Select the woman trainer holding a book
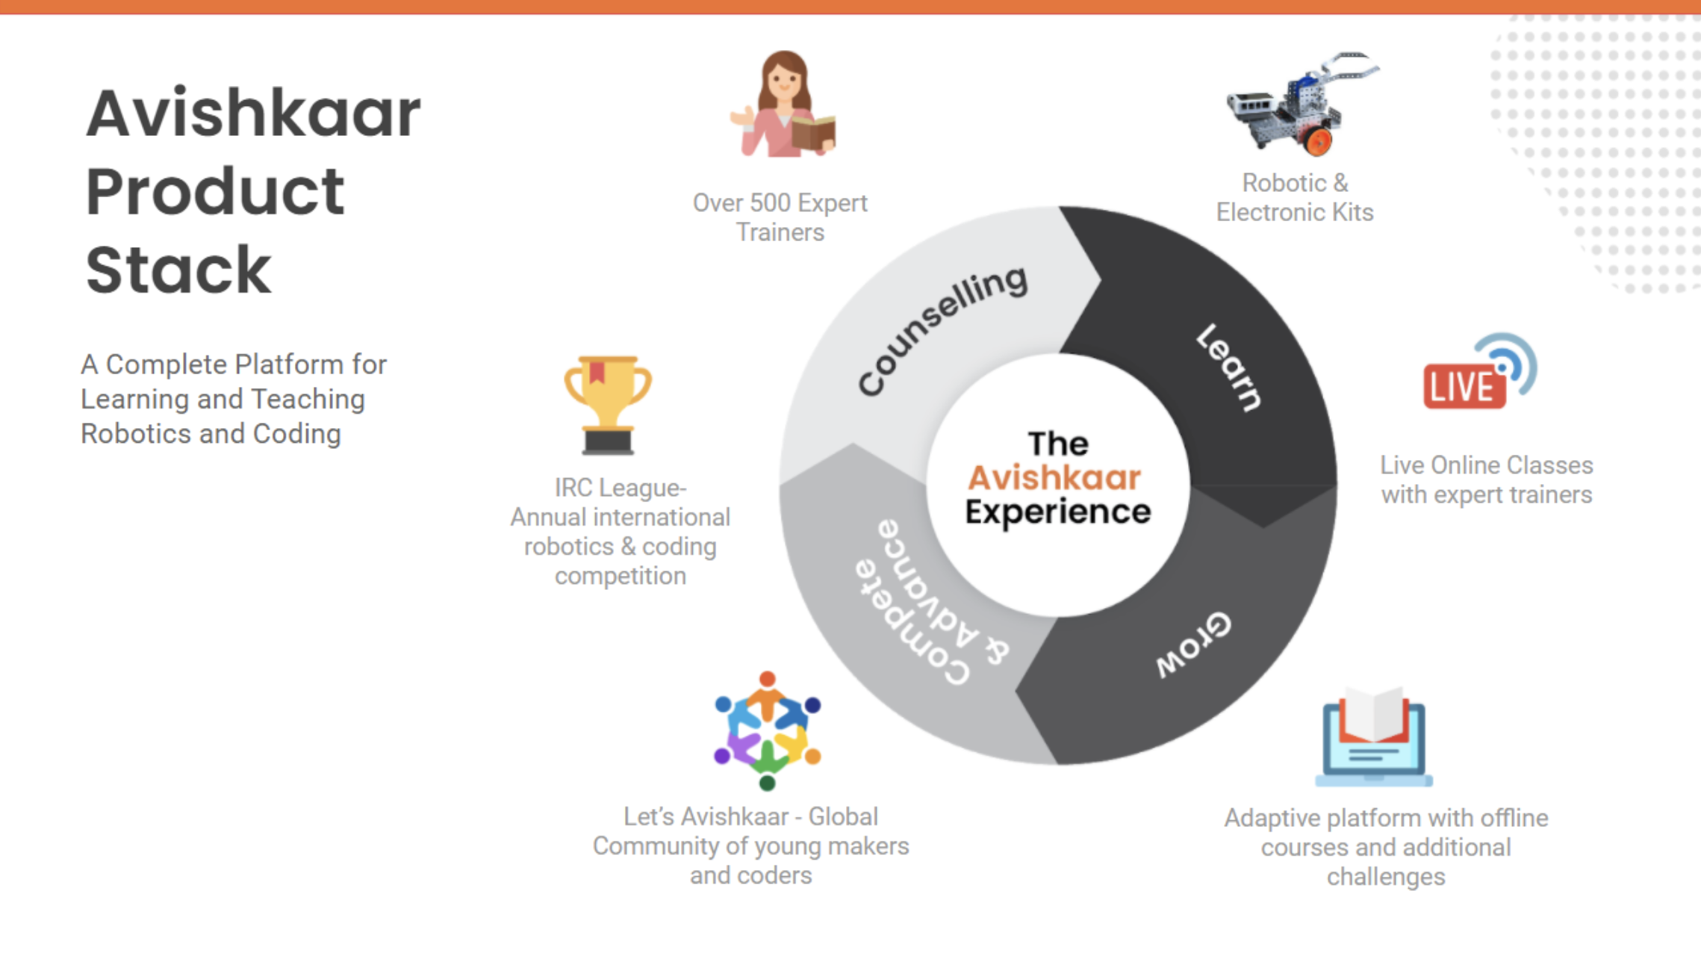coord(783,105)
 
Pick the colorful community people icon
coord(767,731)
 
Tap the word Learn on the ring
coord(1229,367)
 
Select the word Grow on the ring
coord(1193,644)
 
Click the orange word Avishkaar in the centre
coord(1054,478)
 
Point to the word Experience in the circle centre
coord(1057,512)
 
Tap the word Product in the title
coord(215,192)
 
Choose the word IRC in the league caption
coord(573,488)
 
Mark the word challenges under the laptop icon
coord(1386,877)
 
